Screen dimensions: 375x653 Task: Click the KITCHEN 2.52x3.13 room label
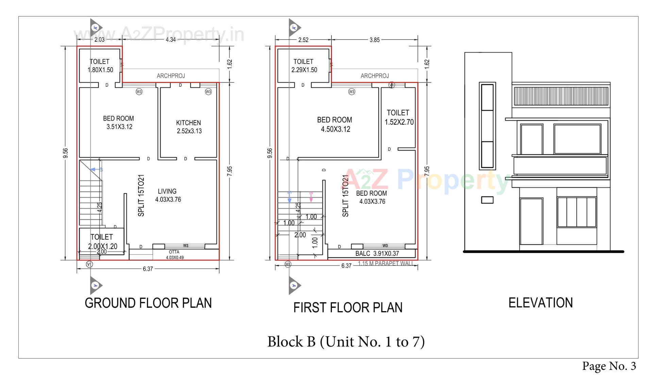(x=189, y=127)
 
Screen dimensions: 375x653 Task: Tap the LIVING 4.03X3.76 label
(x=168, y=195)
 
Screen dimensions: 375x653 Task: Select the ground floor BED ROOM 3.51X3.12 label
(x=119, y=123)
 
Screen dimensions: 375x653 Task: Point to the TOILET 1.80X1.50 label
(x=100, y=66)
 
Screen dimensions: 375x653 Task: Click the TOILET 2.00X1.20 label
(x=102, y=242)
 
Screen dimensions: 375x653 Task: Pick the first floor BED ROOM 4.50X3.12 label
(x=335, y=124)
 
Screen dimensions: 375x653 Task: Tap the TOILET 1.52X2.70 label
(x=399, y=117)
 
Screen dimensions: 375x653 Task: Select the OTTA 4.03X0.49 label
(x=174, y=255)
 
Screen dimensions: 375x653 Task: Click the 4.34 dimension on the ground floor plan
(x=171, y=39)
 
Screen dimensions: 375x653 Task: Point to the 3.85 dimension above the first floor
(x=374, y=40)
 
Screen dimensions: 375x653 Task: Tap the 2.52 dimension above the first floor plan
(x=303, y=40)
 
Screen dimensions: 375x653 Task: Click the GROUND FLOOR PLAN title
(x=148, y=303)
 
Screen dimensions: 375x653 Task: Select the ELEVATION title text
(x=540, y=302)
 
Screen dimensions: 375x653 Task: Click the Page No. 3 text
(x=609, y=366)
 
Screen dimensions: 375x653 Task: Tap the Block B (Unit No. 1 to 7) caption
(x=346, y=341)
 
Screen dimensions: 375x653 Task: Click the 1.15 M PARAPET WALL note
(x=386, y=263)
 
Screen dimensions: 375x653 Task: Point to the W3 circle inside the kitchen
(x=208, y=92)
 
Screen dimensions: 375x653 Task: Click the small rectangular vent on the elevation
(x=487, y=200)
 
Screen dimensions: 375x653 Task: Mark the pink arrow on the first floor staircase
(x=311, y=198)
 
